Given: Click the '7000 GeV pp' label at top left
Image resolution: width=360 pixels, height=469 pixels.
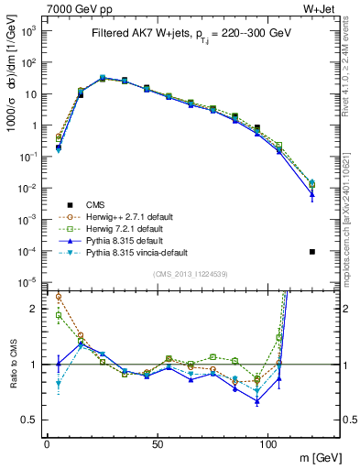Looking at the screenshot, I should click(x=75, y=8).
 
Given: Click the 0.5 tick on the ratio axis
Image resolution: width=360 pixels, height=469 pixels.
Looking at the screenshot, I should click(x=31, y=420).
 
